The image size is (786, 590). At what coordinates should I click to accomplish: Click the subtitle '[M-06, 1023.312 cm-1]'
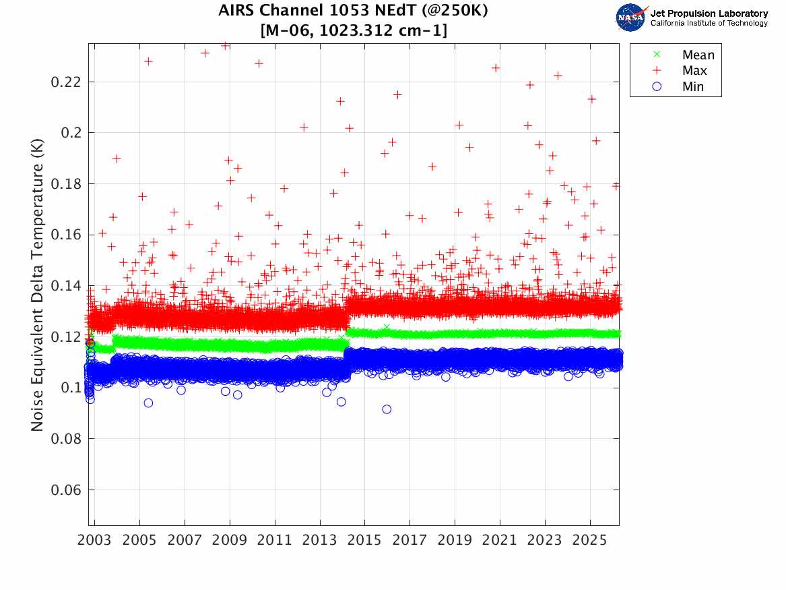click(x=354, y=30)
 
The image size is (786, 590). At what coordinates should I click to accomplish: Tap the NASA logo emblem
click(x=630, y=17)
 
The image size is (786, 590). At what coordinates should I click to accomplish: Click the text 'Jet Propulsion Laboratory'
click(x=709, y=13)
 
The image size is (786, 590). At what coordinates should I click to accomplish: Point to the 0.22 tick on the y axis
click(x=66, y=82)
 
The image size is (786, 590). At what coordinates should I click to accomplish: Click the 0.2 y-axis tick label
click(x=71, y=133)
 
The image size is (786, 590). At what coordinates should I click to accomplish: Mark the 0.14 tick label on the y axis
click(x=66, y=286)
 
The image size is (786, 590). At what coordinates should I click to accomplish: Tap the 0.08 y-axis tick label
click(x=66, y=439)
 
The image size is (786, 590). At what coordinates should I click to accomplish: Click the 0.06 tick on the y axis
click(x=66, y=490)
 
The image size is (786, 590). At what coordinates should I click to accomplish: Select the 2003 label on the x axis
click(x=95, y=540)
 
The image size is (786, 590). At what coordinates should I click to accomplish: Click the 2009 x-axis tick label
click(x=230, y=540)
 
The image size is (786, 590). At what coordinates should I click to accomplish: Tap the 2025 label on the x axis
click(x=589, y=540)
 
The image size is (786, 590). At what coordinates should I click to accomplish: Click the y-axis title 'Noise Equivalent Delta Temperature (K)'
click(x=39, y=286)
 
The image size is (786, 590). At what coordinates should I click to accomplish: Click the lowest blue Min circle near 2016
click(x=387, y=409)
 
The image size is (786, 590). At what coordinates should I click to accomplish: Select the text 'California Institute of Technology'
click(x=709, y=24)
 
